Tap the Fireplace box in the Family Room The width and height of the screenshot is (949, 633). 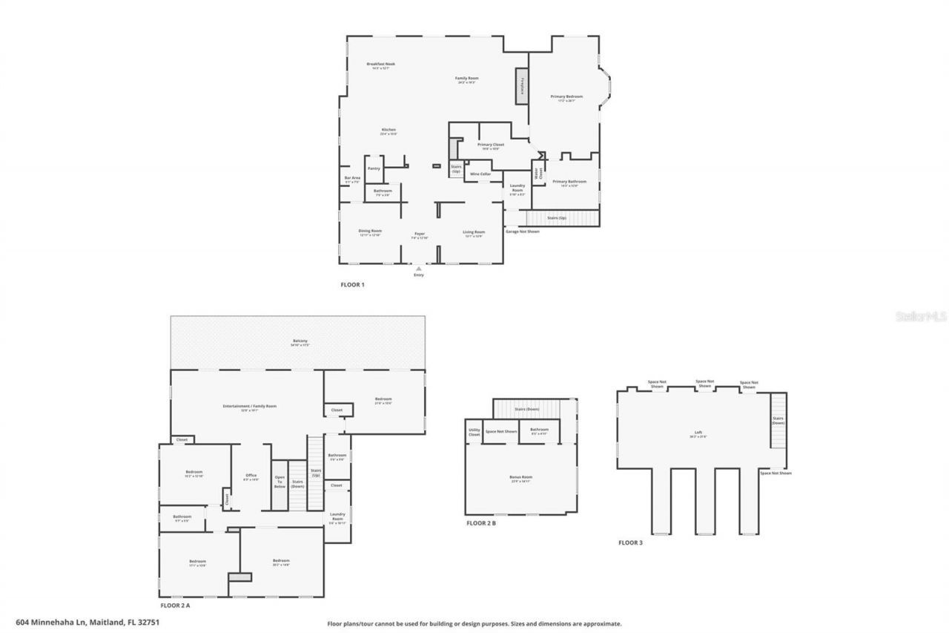[x=522, y=85]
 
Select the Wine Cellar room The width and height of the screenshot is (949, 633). [x=480, y=174]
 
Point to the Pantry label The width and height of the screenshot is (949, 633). [x=374, y=168]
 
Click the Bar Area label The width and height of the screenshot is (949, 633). [x=352, y=179]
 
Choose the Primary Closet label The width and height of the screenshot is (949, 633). [x=491, y=145]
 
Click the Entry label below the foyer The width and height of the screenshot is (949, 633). [x=419, y=275]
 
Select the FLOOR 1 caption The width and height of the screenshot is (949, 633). [x=352, y=285]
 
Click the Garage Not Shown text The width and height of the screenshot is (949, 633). [x=522, y=232]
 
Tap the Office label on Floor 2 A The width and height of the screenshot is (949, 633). [x=251, y=476]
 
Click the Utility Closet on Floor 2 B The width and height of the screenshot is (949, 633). [x=474, y=432]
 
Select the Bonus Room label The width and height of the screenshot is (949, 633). [x=521, y=477]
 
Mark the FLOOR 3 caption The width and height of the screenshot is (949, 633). [x=631, y=543]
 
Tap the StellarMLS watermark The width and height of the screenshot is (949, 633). [x=922, y=316]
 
